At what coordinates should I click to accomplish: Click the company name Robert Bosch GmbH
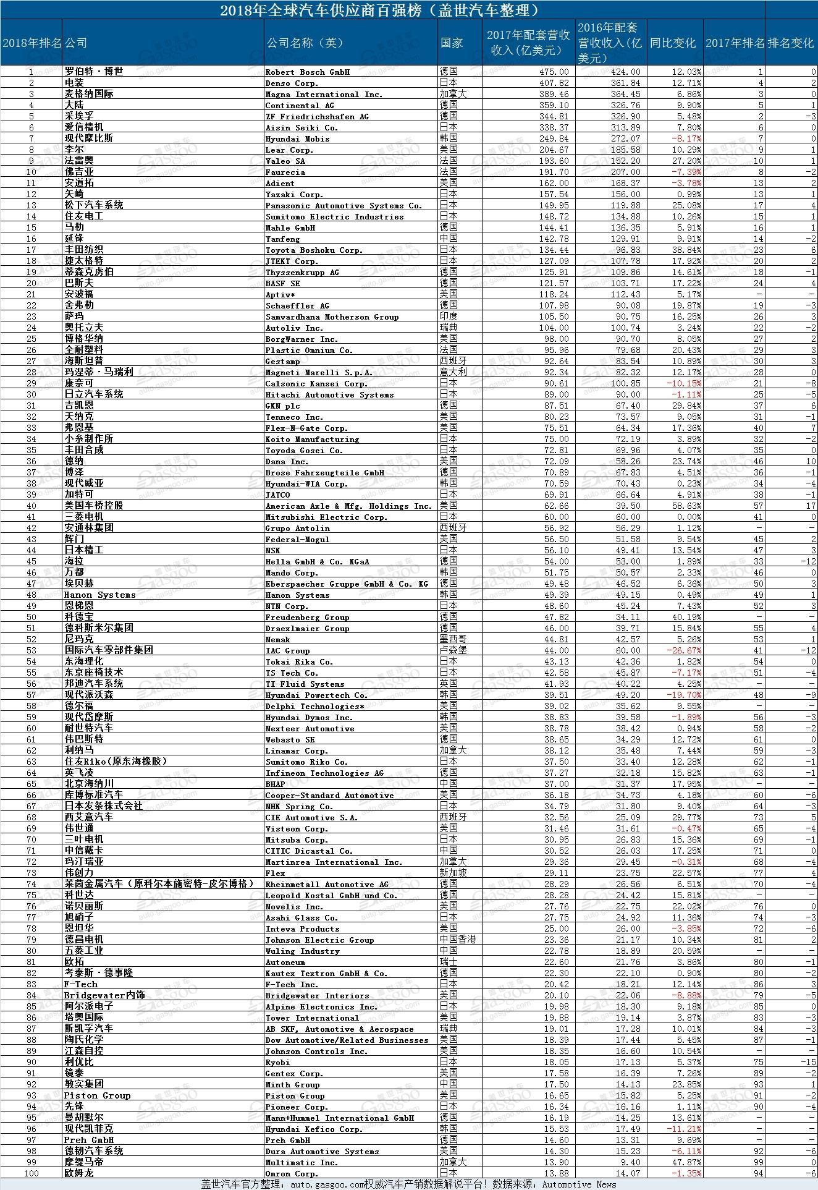307,72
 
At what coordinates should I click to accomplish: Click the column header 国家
452,43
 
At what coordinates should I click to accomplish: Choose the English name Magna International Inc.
324,94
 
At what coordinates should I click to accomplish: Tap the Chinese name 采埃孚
79,116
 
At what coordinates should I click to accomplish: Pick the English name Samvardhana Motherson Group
332,317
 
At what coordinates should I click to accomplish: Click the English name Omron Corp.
292,1173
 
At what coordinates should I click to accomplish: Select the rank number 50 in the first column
31,617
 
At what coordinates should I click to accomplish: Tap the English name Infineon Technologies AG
324,773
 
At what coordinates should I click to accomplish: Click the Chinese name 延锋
74,239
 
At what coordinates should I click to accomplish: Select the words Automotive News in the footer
579,1184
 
